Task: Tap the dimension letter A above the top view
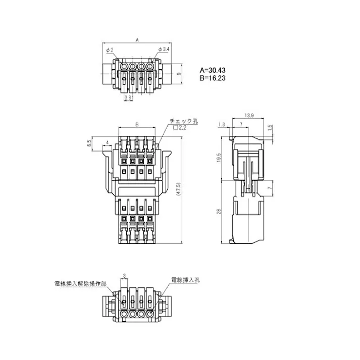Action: click(137, 39)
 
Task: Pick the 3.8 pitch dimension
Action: click(128, 97)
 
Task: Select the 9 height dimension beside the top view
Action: click(179, 74)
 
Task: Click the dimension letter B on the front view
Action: click(137, 124)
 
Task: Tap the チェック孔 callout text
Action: click(184, 122)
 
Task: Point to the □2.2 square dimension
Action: click(179, 129)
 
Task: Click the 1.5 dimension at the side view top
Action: click(270, 127)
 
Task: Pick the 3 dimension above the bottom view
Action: click(124, 276)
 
